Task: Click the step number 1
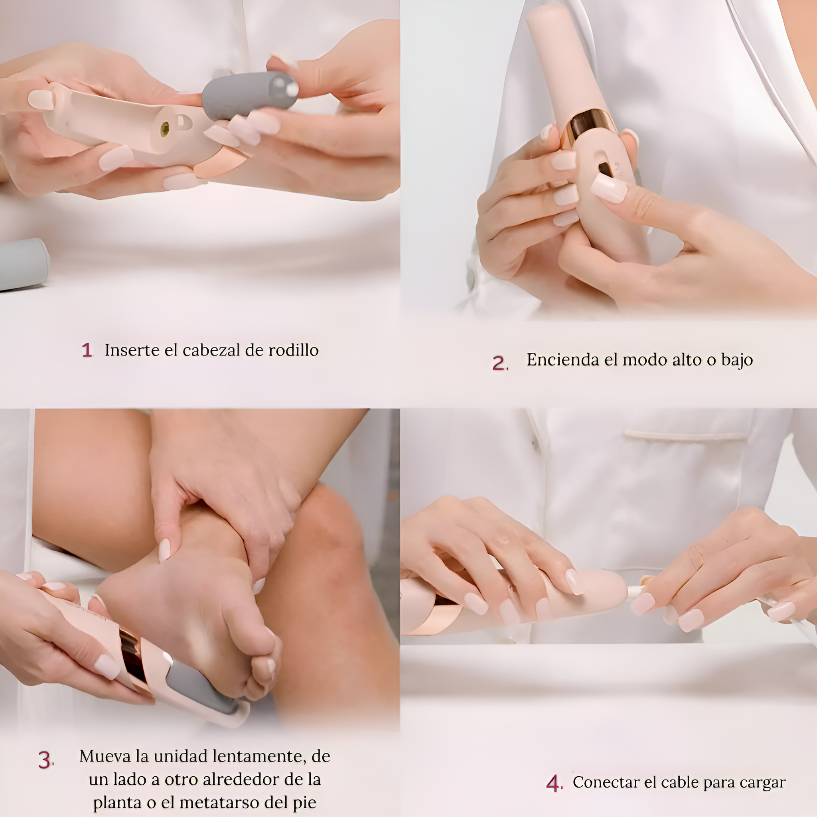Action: [87, 350]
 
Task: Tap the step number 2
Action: [499, 363]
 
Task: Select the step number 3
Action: [45, 760]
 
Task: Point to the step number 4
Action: [554, 783]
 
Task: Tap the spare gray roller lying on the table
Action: [23, 264]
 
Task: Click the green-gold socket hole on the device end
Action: [165, 127]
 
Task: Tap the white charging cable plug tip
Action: [634, 590]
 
